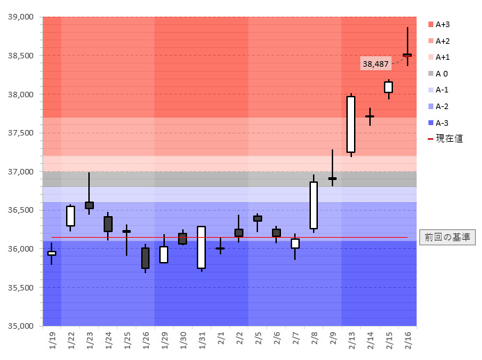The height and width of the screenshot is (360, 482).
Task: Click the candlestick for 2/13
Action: click(x=351, y=124)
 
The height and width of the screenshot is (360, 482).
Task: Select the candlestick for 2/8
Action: click(x=314, y=205)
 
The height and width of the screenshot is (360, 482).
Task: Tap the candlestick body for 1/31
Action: click(x=201, y=247)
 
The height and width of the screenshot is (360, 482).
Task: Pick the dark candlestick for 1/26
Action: click(x=145, y=258)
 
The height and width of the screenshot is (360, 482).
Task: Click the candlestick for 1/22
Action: click(x=70, y=216)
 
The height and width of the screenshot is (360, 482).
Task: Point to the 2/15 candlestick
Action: click(x=388, y=87)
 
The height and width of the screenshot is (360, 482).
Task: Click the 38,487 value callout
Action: click(x=376, y=64)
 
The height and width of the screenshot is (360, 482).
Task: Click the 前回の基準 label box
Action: click(x=447, y=237)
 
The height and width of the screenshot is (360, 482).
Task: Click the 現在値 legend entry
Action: click(x=444, y=139)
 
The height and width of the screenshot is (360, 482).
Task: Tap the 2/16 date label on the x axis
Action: click(x=407, y=340)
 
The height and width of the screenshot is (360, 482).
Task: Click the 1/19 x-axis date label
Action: click(x=52, y=340)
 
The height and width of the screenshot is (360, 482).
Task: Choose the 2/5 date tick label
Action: click(x=257, y=340)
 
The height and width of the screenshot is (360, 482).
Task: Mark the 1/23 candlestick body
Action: click(x=89, y=205)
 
